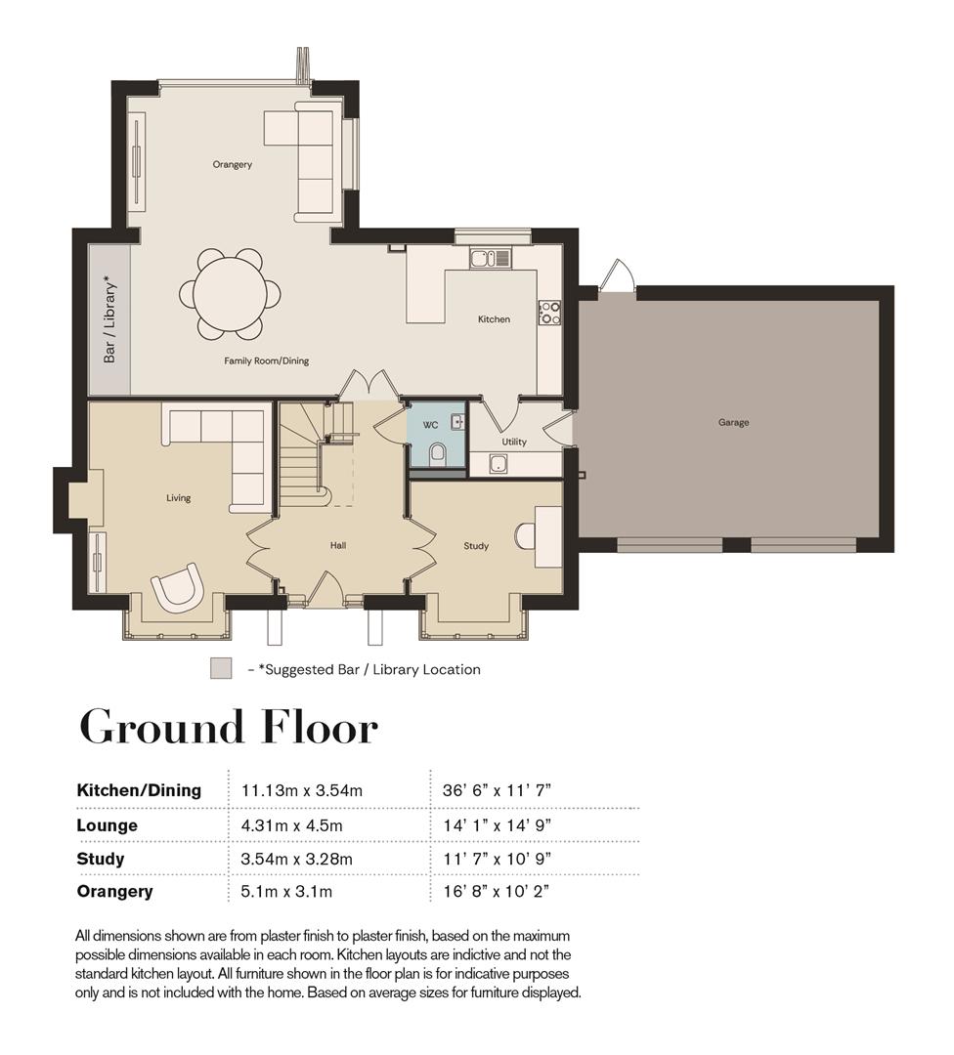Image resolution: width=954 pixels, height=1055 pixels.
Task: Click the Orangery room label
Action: pos(233,164)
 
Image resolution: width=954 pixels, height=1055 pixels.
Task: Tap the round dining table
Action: pos(230,294)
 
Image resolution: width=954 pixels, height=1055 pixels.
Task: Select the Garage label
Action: pos(733,423)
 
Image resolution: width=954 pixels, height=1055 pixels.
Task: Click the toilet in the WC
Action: pos(438,453)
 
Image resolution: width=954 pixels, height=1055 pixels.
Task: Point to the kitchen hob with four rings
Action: pos(549,313)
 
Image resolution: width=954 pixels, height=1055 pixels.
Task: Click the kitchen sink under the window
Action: pos(491,258)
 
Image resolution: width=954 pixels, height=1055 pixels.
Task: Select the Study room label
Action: pos(476,546)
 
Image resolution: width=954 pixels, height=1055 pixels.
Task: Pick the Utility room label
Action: pos(514,443)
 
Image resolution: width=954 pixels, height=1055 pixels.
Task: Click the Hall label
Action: pos(338,546)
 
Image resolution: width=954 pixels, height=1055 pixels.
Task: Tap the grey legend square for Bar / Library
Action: pos(221,669)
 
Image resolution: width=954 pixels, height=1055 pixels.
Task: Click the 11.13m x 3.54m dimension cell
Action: pos(302,790)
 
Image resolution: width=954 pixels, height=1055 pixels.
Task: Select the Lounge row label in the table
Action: pos(108,825)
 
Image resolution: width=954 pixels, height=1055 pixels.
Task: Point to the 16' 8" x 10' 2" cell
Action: pos(497,892)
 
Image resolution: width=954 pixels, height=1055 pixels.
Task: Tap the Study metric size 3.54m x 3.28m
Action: pos(297,860)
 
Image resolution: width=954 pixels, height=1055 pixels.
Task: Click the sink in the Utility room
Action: pos(499,464)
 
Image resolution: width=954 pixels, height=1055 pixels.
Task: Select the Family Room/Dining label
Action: pos(267,360)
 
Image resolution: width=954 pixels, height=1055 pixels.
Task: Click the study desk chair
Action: pos(525,536)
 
